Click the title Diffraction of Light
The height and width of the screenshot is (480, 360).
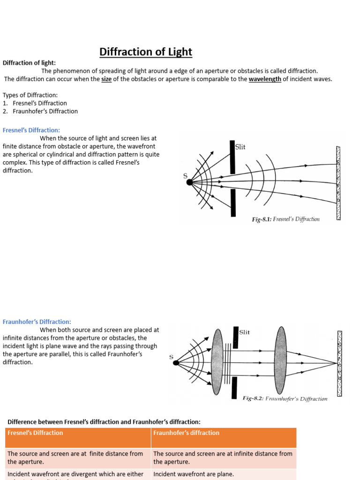tap(146, 52)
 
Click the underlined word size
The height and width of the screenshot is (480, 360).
tap(107, 79)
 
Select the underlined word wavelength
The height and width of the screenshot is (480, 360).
tap(265, 79)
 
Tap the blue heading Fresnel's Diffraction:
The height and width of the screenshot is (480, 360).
tap(31, 130)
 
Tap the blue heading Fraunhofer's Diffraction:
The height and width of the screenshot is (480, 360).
tap(37, 322)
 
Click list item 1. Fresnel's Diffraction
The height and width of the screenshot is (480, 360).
tap(35, 103)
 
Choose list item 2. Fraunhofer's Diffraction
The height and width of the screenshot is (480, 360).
tap(40, 111)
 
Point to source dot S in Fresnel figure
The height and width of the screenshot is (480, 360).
tap(189, 182)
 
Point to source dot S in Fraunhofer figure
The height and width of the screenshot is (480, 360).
tap(175, 362)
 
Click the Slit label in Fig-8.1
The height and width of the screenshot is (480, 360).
tap(240, 147)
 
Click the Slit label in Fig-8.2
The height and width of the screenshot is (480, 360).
tap(244, 332)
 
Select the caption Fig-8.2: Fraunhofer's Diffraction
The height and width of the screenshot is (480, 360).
tap(285, 399)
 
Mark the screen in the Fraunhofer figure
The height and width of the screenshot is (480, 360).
tap(339, 363)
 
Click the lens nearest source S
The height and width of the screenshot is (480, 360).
tap(217, 361)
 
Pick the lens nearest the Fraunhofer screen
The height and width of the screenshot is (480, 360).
tap(280, 360)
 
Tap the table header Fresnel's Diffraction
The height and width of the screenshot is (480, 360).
tap(35, 433)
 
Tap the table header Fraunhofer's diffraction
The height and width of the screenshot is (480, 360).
tap(186, 433)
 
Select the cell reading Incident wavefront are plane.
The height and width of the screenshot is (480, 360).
tap(194, 474)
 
